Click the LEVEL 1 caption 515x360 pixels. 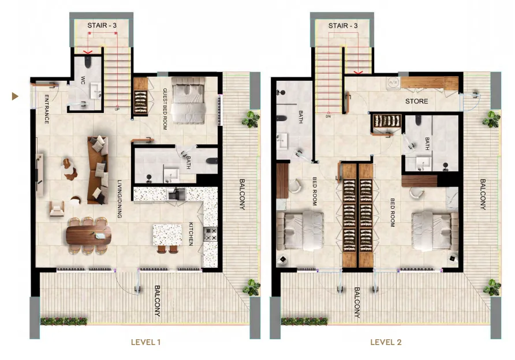click(145, 342)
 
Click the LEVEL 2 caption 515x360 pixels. click(386, 342)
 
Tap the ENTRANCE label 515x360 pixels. click(46, 109)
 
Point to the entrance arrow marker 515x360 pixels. click(15, 96)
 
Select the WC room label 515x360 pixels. click(83, 80)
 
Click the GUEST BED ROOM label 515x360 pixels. click(165, 108)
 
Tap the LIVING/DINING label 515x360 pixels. click(120, 199)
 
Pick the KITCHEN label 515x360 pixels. click(191, 234)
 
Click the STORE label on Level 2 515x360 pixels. click(416, 101)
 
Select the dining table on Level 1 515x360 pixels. click(89, 235)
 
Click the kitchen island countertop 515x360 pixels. click(167, 235)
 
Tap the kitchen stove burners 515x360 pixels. click(210, 234)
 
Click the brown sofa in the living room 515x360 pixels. click(98, 170)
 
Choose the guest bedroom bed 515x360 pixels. click(188, 100)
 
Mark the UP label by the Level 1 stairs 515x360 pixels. click(117, 109)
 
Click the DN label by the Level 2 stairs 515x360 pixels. click(328, 116)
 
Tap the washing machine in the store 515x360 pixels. click(393, 82)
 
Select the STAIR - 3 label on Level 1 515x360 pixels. click(102, 25)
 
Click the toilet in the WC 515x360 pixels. click(88, 62)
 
